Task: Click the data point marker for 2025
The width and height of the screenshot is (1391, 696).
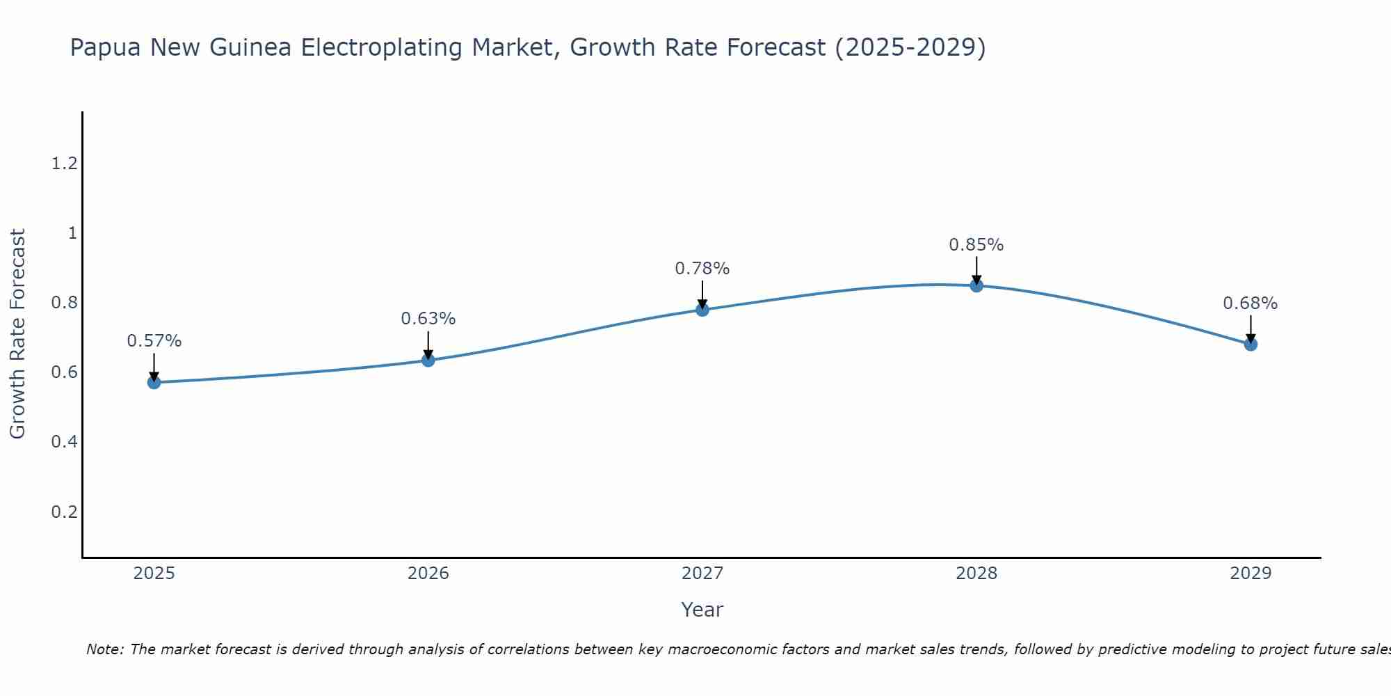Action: coord(154,382)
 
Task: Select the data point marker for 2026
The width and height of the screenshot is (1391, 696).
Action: coord(428,360)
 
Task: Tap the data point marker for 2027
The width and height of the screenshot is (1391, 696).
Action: coord(702,310)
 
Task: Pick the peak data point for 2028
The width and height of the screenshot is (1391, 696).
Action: coord(976,285)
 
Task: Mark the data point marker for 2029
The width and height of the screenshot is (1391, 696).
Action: coord(1251,344)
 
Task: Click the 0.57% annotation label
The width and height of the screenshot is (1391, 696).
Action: coord(154,341)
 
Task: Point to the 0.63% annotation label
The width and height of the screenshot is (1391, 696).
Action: coord(428,319)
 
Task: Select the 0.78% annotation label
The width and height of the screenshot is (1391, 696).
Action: coord(702,269)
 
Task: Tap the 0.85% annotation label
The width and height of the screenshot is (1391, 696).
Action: coord(976,245)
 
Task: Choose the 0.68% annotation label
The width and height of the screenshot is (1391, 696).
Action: coord(1251,303)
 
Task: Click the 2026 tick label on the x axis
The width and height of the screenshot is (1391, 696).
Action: coord(428,574)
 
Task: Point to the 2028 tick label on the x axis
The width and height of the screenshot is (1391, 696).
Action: coord(976,574)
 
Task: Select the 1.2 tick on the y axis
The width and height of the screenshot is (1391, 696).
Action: coord(64,164)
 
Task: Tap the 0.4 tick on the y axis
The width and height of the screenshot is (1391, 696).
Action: coord(64,442)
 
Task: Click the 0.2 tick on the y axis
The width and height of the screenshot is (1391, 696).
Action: coord(64,512)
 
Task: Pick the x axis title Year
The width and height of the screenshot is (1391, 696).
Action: coord(702,610)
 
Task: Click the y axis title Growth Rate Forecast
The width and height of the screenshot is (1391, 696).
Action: coord(17,334)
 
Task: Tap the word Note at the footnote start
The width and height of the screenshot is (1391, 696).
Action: coord(104,649)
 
